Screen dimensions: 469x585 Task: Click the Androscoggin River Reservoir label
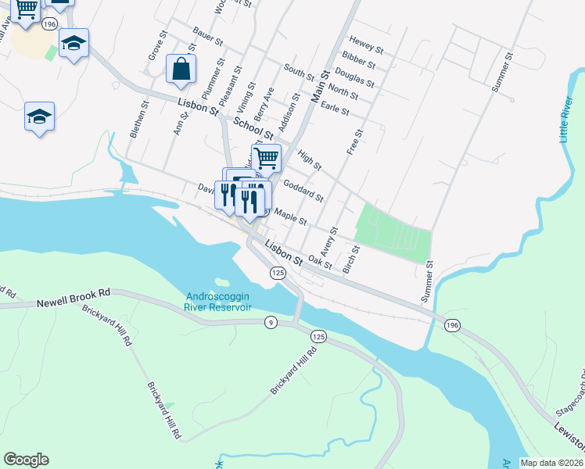point(218,301)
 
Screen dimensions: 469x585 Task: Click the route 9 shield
point(270,323)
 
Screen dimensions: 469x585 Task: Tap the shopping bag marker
point(181,69)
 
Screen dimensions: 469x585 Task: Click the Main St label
point(318,88)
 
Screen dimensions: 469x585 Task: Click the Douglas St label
point(359,80)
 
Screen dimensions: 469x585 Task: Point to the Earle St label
point(335,110)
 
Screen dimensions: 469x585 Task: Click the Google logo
point(26,460)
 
